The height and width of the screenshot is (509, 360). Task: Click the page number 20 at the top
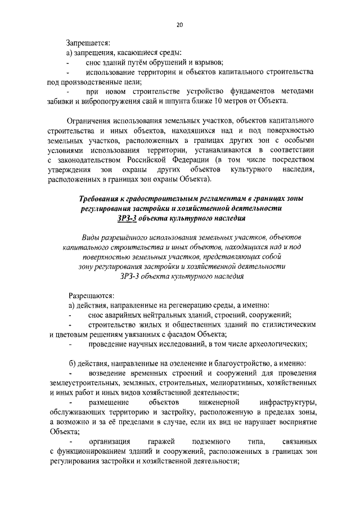click(179, 25)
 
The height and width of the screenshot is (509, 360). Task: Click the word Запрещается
click(88, 42)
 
